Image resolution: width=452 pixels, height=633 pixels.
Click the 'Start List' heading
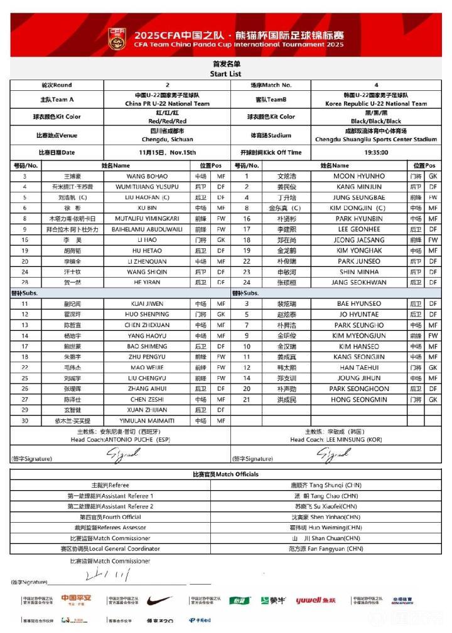tap(226, 73)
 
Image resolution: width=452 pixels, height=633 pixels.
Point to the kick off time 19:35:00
tap(375, 152)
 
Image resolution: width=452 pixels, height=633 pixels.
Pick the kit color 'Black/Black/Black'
tap(375, 120)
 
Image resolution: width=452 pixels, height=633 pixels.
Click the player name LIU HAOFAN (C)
tap(148, 197)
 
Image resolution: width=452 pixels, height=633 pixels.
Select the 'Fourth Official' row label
tap(110, 516)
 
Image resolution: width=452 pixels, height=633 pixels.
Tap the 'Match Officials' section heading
tap(225, 474)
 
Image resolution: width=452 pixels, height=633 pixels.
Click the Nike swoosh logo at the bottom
tap(159, 600)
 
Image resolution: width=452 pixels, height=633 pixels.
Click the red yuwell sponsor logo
tap(316, 600)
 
